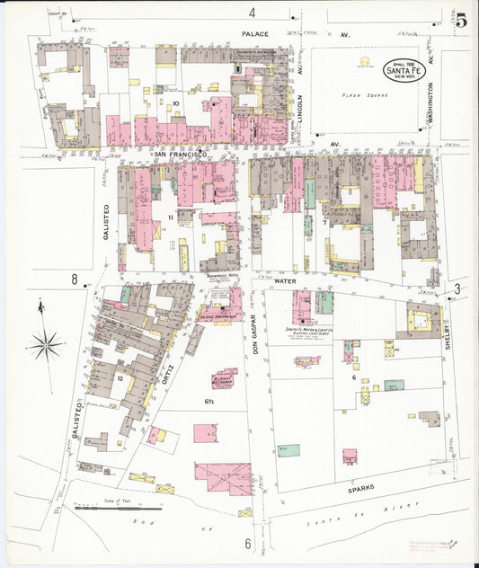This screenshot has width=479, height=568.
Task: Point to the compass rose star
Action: [45, 343]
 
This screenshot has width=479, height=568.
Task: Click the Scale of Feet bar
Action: [106, 508]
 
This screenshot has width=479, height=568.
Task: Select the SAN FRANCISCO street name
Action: [181, 155]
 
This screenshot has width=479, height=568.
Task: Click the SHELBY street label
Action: [447, 334]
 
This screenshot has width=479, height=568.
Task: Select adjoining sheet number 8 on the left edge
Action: [75, 280]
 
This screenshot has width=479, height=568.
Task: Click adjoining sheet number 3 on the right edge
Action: [457, 288]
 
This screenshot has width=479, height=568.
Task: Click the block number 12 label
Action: [120, 378]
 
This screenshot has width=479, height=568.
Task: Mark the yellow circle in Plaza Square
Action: [366, 62]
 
